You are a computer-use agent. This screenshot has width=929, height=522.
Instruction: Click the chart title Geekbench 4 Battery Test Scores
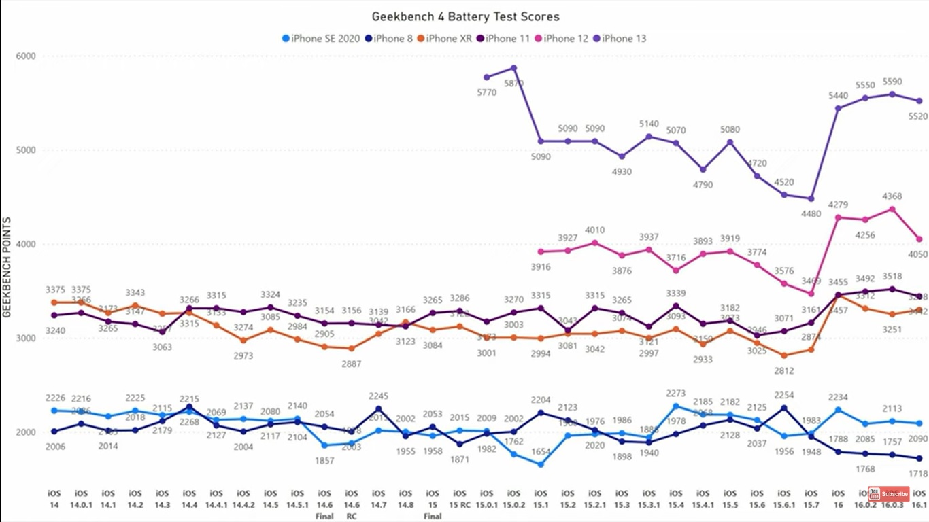click(x=466, y=16)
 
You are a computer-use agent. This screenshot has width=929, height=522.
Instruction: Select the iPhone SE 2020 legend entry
click(x=320, y=39)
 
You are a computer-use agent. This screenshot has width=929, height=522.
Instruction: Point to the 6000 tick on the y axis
click(x=27, y=56)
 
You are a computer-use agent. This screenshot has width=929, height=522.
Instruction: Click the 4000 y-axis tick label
click(x=27, y=244)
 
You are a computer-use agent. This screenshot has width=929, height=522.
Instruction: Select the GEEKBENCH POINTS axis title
click(x=7, y=268)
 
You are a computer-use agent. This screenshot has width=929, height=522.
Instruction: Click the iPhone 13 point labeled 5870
click(x=513, y=68)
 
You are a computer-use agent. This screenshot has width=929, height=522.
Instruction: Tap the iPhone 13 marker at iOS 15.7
click(x=811, y=198)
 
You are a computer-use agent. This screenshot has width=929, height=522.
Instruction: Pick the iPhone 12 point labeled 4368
click(x=892, y=209)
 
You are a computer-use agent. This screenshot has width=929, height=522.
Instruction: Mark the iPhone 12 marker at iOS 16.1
click(x=919, y=239)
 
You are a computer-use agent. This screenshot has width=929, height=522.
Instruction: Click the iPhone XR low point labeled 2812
click(x=783, y=355)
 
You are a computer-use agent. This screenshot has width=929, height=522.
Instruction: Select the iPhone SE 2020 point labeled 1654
click(x=541, y=465)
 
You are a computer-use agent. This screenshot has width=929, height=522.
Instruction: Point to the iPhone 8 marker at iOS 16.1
click(x=919, y=459)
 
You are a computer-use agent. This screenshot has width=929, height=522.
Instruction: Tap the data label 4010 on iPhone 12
click(x=594, y=230)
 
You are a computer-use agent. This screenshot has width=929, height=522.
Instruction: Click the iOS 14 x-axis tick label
click(x=54, y=498)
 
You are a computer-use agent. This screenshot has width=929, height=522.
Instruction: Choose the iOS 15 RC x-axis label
click(x=460, y=498)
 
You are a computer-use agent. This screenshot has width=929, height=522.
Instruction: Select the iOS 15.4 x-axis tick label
click(x=675, y=498)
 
